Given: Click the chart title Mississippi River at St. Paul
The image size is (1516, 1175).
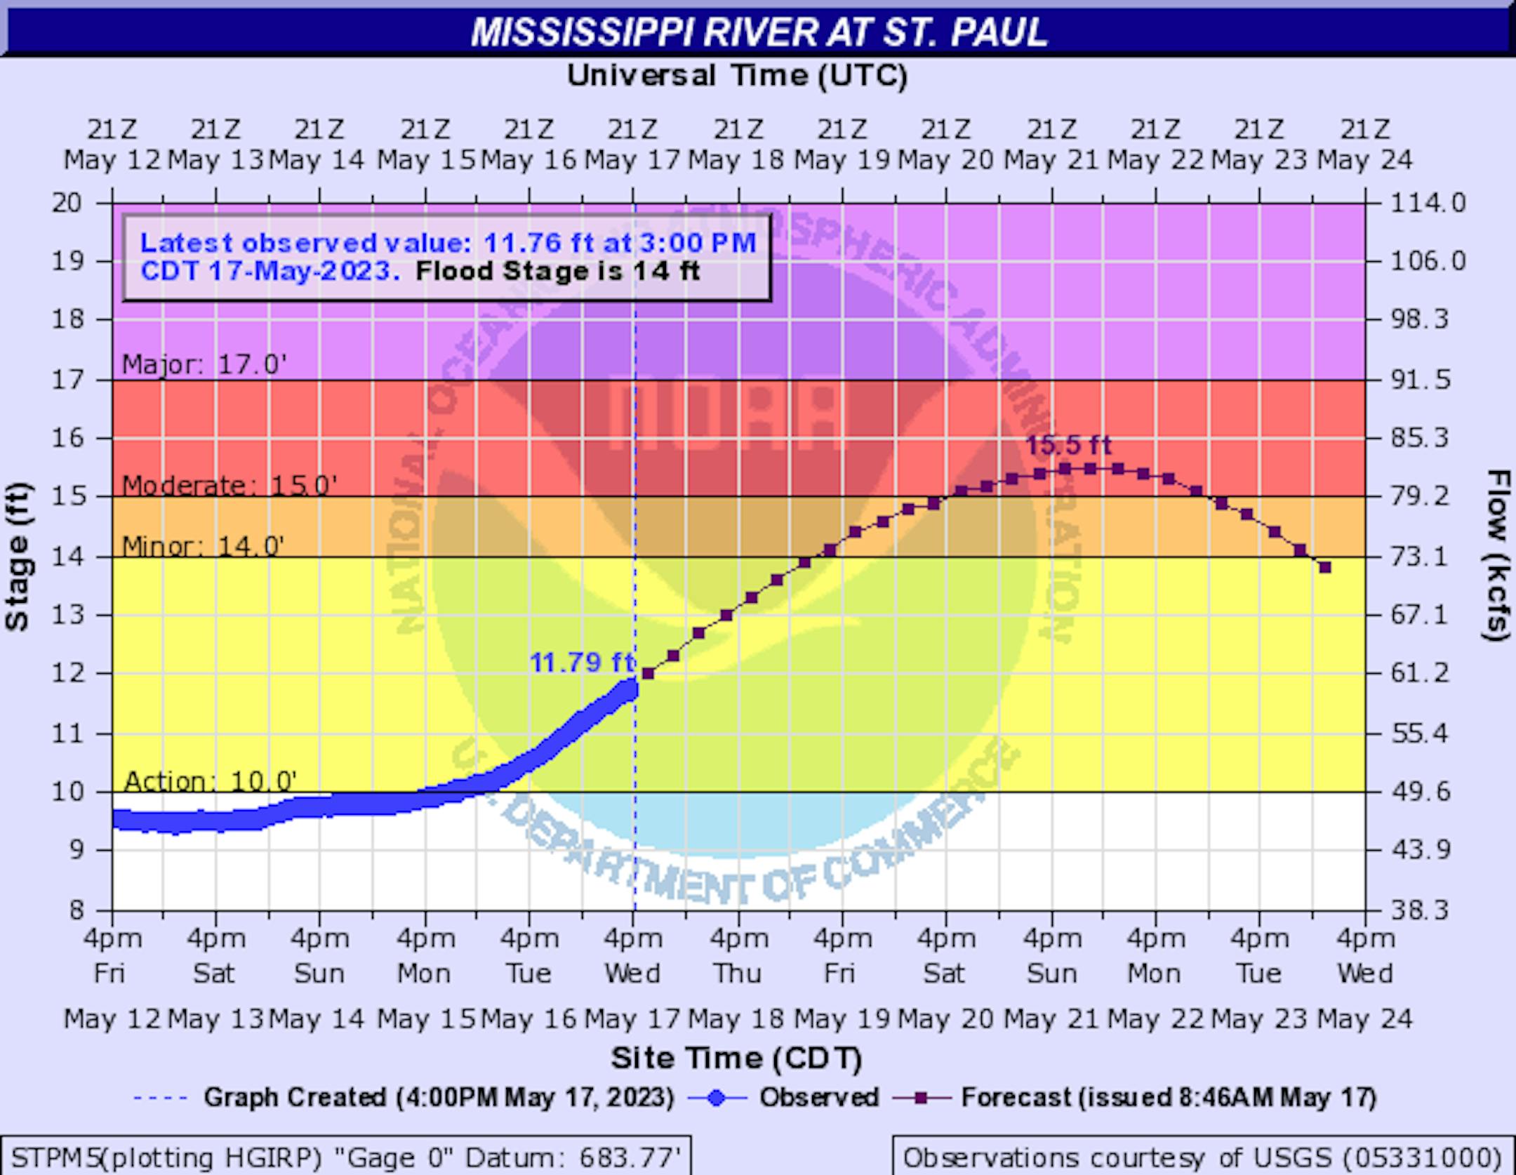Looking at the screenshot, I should click(x=759, y=32).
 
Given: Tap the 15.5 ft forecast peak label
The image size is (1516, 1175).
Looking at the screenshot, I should click(x=1068, y=446).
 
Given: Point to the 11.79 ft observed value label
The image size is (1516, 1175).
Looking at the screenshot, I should click(x=582, y=662).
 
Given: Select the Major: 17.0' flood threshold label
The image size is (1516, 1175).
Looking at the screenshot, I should click(x=204, y=365).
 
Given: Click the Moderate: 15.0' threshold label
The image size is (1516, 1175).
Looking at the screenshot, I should click(x=230, y=485).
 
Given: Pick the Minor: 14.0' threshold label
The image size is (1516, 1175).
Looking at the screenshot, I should click(x=204, y=545).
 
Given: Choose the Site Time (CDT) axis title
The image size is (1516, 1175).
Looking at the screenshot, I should click(x=736, y=1058).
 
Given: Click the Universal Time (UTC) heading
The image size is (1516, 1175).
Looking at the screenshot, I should click(x=737, y=75).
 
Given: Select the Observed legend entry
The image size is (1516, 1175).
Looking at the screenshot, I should click(x=818, y=1097).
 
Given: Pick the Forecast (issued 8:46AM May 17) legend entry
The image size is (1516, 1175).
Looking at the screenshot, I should click(x=1168, y=1097).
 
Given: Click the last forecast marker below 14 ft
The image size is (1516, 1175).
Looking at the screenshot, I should click(x=1325, y=567).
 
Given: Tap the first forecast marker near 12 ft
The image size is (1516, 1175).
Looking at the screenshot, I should click(x=648, y=674).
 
